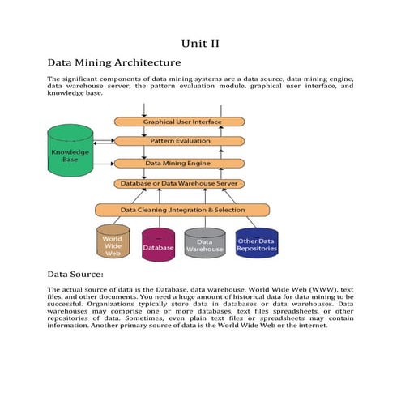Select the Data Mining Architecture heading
pos(114,62)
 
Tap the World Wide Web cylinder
pos(113,244)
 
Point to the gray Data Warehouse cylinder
pos(204,245)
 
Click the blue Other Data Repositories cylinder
pos(256,244)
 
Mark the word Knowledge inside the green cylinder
pos(70,151)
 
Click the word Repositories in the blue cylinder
pos(256,249)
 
